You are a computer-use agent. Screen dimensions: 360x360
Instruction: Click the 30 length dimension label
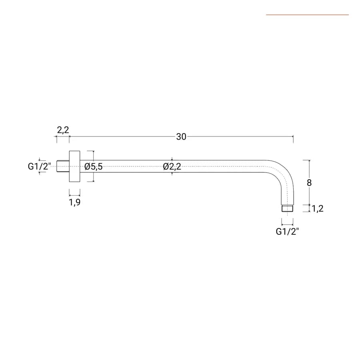click(x=181, y=137)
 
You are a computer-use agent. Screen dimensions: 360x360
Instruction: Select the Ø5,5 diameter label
click(x=94, y=166)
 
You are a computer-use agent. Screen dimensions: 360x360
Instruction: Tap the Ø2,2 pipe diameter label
click(x=172, y=166)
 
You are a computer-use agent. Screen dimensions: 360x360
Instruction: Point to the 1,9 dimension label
click(x=75, y=202)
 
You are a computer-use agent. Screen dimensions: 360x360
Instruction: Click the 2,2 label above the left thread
click(x=63, y=130)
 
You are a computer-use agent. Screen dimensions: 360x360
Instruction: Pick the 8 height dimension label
click(x=309, y=183)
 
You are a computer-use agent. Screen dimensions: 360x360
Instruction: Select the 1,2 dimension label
click(x=318, y=208)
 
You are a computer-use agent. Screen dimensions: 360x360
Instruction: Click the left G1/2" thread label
click(x=40, y=166)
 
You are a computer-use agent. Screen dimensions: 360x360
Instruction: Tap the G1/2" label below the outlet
click(x=288, y=232)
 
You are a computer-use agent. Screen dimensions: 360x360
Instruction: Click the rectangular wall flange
click(x=75, y=166)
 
